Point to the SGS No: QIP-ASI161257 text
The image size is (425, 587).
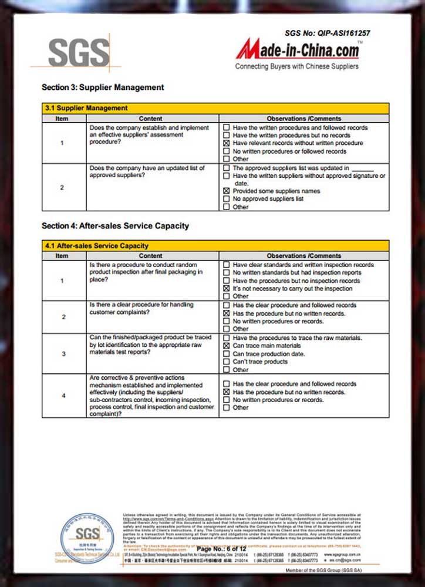click(x=335, y=33)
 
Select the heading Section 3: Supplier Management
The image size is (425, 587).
click(x=103, y=87)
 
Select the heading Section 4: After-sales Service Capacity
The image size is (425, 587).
click(x=115, y=225)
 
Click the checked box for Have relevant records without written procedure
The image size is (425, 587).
click(x=226, y=143)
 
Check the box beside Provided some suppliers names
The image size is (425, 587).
click(x=226, y=191)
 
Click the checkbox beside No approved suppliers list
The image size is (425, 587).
click(x=226, y=199)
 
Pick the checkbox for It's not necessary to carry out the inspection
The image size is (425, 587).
click(x=226, y=289)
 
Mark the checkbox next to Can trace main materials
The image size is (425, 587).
click(x=226, y=346)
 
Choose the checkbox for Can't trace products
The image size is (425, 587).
click(x=226, y=362)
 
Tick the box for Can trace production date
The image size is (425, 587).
click(x=226, y=354)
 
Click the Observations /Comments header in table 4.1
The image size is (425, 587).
click(x=303, y=256)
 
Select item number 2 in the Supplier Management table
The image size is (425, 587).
click(x=62, y=188)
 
